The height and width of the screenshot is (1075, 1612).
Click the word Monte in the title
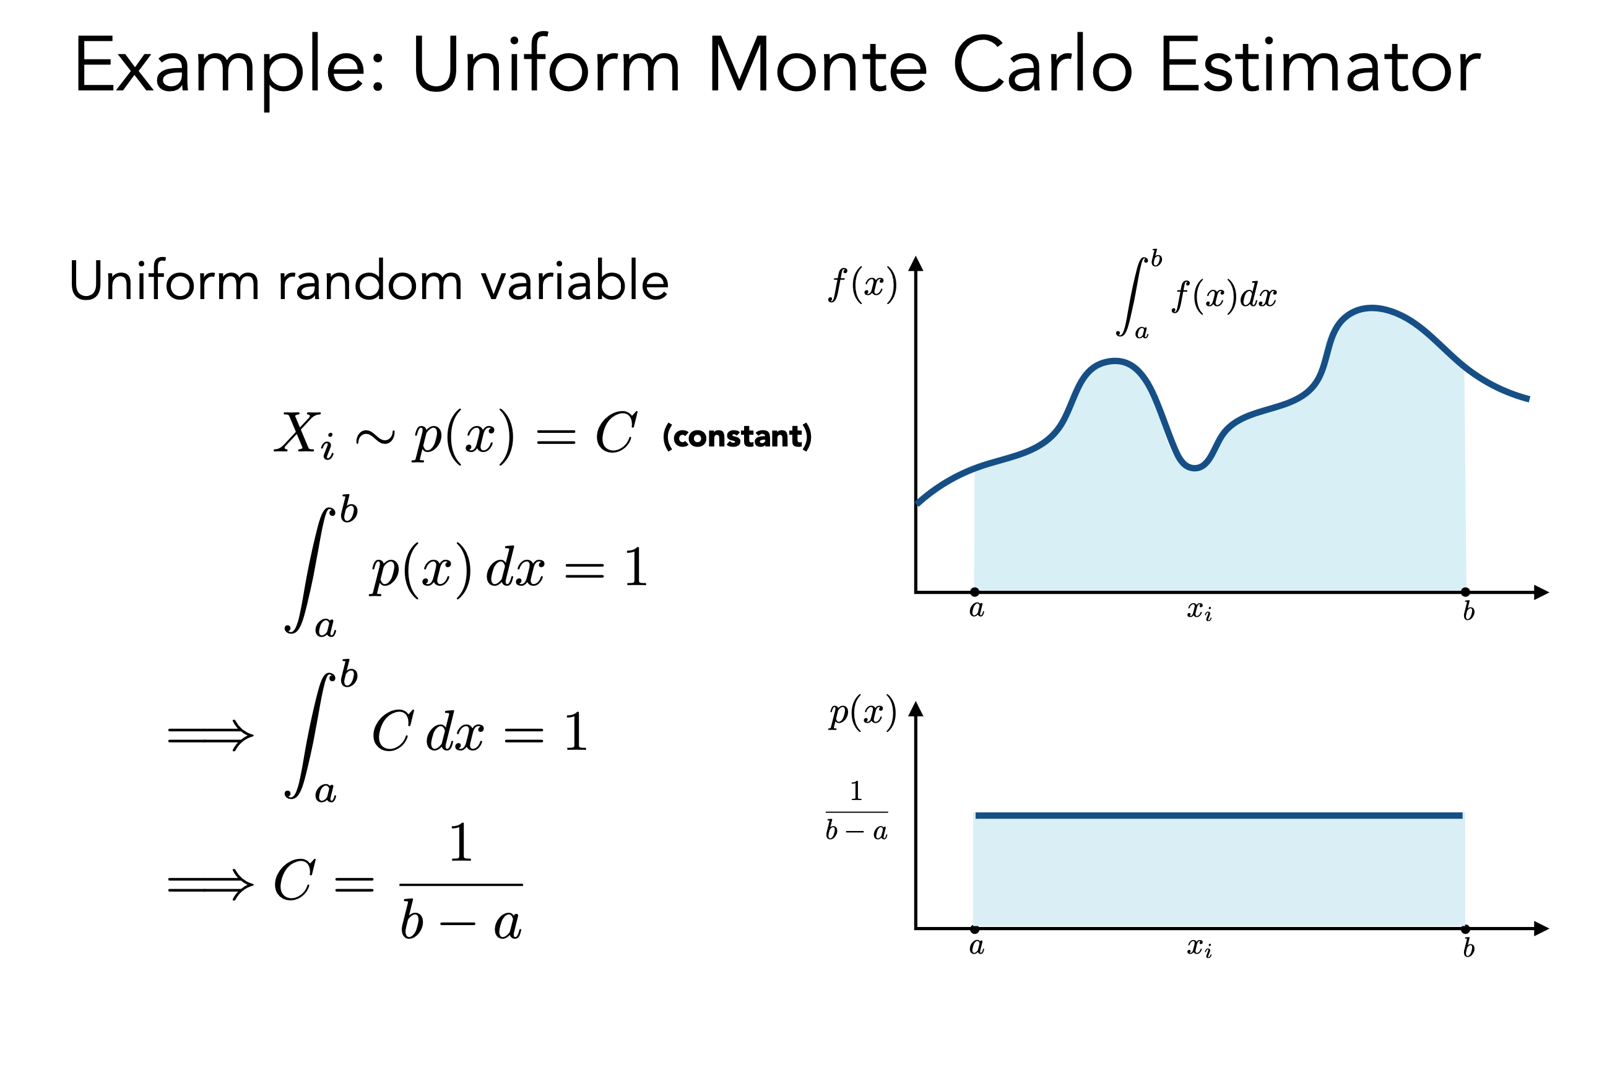[x=817, y=66]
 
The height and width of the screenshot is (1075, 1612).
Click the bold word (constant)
[x=737, y=436]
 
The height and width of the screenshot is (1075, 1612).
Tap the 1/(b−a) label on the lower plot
[x=857, y=811]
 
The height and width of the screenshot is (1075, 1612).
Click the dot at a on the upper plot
[x=974, y=591]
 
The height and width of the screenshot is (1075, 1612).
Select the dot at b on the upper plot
[x=1465, y=591]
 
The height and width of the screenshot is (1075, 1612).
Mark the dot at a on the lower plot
[x=974, y=929]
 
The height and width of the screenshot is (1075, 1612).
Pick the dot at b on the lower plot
[x=1465, y=929]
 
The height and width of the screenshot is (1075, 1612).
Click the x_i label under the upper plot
[x=1200, y=610]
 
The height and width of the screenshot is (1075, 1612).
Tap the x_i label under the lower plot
[x=1200, y=948]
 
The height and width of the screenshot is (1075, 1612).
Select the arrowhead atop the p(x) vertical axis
[x=916, y=709]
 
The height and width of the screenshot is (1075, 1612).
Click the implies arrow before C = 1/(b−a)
[x=210, y=884]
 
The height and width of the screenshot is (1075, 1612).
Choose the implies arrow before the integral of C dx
[x=210, y=736]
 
